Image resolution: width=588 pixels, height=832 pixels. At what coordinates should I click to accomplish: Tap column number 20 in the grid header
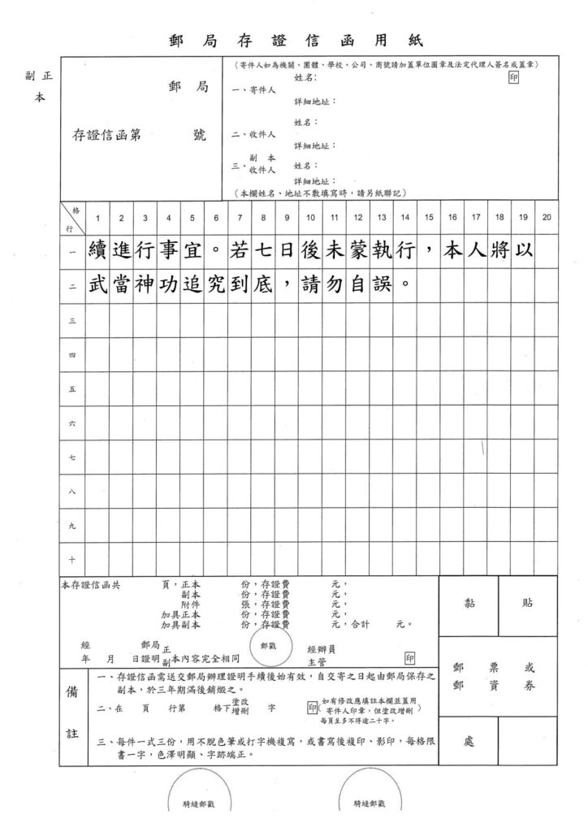point(547,217)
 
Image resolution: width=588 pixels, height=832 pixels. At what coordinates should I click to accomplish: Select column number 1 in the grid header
point(98,217)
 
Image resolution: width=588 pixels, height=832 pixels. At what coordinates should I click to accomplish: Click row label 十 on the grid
point(72,559)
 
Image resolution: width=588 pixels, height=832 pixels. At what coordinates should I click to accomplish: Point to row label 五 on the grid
point(72,388)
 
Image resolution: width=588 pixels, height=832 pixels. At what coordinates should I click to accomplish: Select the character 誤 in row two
point(383,286)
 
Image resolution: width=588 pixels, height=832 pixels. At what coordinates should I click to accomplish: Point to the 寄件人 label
point(254,90)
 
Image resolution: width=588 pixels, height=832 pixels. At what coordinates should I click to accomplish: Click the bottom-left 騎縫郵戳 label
point(199,805)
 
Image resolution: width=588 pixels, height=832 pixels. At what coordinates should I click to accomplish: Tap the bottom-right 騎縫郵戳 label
point(370,805)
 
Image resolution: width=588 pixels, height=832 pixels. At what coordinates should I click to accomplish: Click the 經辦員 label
point(321,649)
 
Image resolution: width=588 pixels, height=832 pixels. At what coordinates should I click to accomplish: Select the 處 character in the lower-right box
point(469,742)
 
